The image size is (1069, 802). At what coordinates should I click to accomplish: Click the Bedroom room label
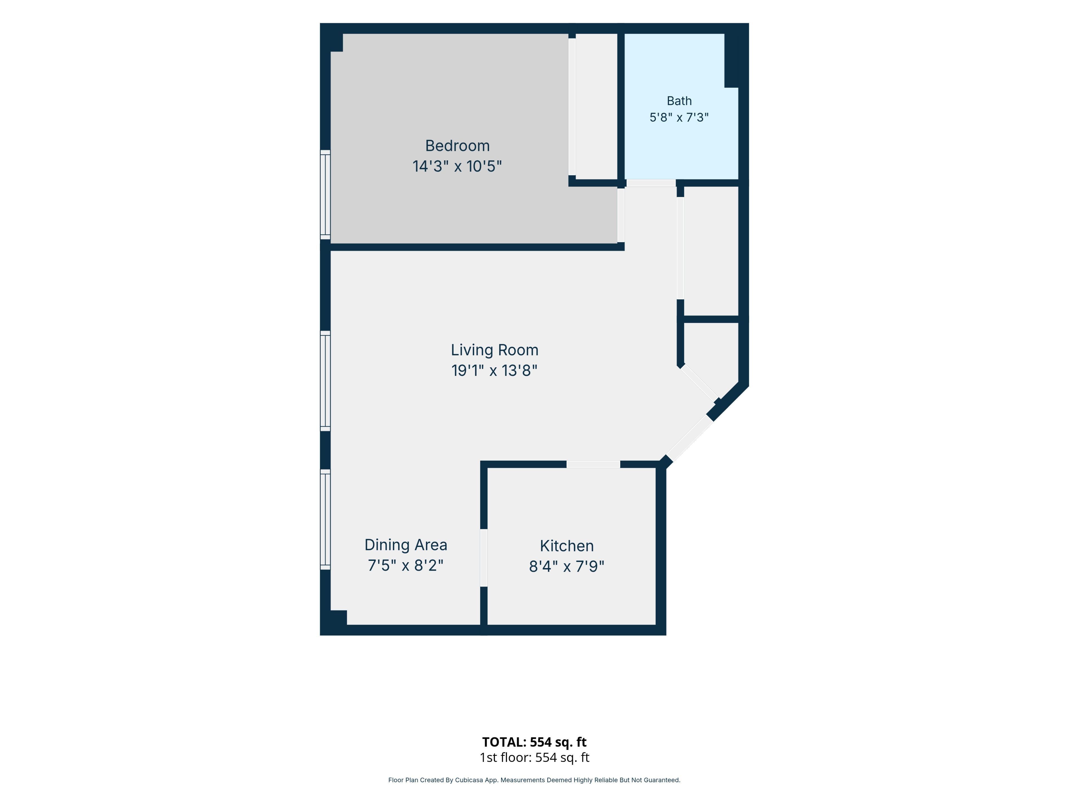(x=457, y=146)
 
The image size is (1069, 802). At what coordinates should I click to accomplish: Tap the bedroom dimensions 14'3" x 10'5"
(x=457, y=166)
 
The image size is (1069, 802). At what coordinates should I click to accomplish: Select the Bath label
(x=679, y=101)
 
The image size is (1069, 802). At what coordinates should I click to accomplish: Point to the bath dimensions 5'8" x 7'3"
(x=679, y=118)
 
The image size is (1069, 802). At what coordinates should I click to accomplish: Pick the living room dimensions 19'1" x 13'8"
(x=494, y=370)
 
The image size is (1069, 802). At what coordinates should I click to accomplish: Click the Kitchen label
(x=567, y=546)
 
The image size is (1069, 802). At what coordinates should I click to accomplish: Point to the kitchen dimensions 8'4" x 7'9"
(x=567, y=566)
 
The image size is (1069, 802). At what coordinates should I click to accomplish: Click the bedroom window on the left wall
(x=325, y=195)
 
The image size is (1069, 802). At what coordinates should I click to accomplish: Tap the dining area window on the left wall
(x=325, y=519)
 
